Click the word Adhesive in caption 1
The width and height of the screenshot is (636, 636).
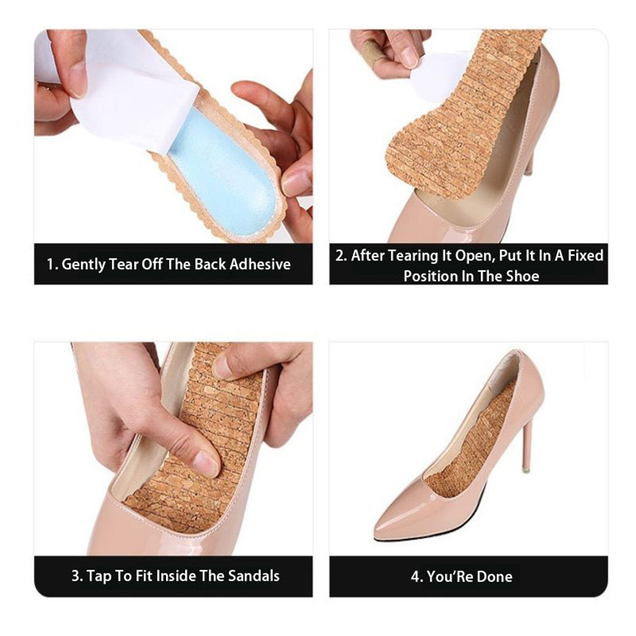[260, 265]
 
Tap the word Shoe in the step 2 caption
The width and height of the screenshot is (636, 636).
[522, 276]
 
